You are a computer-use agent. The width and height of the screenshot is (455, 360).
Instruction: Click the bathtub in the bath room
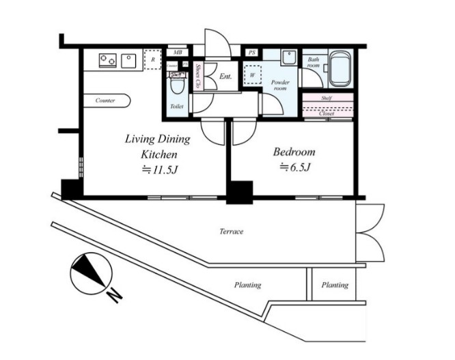pyautogui.click(x=341, y=69)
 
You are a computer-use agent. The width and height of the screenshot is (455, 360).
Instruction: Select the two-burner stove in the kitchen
pyautogui.click(x=108, y=61)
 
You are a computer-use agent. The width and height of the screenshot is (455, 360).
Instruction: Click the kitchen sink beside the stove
pyautogui.click(x=128, y=61)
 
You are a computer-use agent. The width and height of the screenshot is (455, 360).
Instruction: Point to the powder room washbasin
pyautogui.click(x=289, y=58)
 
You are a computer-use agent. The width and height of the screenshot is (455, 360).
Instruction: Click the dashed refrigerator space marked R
pyautogui.click(x=152, y=59)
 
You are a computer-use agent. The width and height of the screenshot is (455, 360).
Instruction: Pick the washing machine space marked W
pyautogui.click(x=253, y=75)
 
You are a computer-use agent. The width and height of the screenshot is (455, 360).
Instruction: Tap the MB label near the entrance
pyautogui.click(x=178, y=53)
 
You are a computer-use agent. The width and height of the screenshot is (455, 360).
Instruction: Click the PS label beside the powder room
pyautogui.click(x=252, y=53)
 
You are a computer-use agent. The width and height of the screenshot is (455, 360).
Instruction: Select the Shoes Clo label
pyautogui.click(x=199, y=76)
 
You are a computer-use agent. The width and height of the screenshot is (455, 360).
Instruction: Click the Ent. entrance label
pyautogui.click(x=225, y=77)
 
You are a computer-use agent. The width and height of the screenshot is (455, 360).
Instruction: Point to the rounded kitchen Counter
pyautogui.click(x=107, y=100)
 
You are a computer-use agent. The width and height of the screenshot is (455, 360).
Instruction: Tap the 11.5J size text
pyautogui.click(x=159, y=169)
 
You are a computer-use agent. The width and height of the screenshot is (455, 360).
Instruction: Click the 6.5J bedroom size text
pyautogui.click(x=295, y=167)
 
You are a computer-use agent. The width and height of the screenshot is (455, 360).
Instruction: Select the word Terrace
pyautogui.click(x=232, y=232)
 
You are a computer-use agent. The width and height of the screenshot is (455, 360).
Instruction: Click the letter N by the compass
pyautogui.click(x=115, y=296)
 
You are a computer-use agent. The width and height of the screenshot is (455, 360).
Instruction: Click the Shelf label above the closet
pyautogui.click(x=327, y=98)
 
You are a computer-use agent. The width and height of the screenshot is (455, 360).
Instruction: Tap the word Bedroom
pyautogui.click(x=294, y=152)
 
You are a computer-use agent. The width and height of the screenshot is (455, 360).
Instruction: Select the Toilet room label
pyautogui.click(x=177, y=107)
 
